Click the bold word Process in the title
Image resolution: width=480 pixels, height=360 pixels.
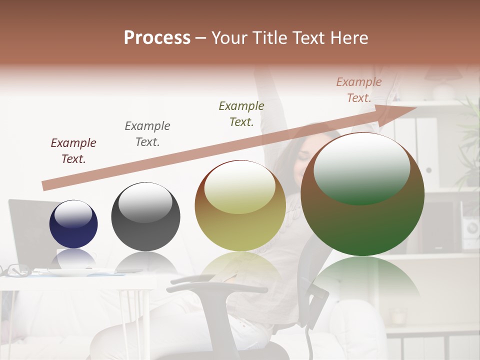pyautogui.click(x=157, y=38)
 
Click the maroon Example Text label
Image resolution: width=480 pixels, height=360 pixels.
pyautogui.click(x=73, y=150)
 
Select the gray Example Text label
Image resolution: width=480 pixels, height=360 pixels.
pyautogui.click(x=147, y=133)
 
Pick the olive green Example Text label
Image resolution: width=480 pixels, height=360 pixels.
pyautogui.click(x=241, y=113)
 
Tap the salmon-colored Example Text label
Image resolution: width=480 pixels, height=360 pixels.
pyautogui.click(x=359, y=90)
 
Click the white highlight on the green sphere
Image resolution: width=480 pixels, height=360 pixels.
pyautogui.click(x=361, y=167)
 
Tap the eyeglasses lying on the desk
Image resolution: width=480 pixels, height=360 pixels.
pyautogui.click(x=14, y=270)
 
